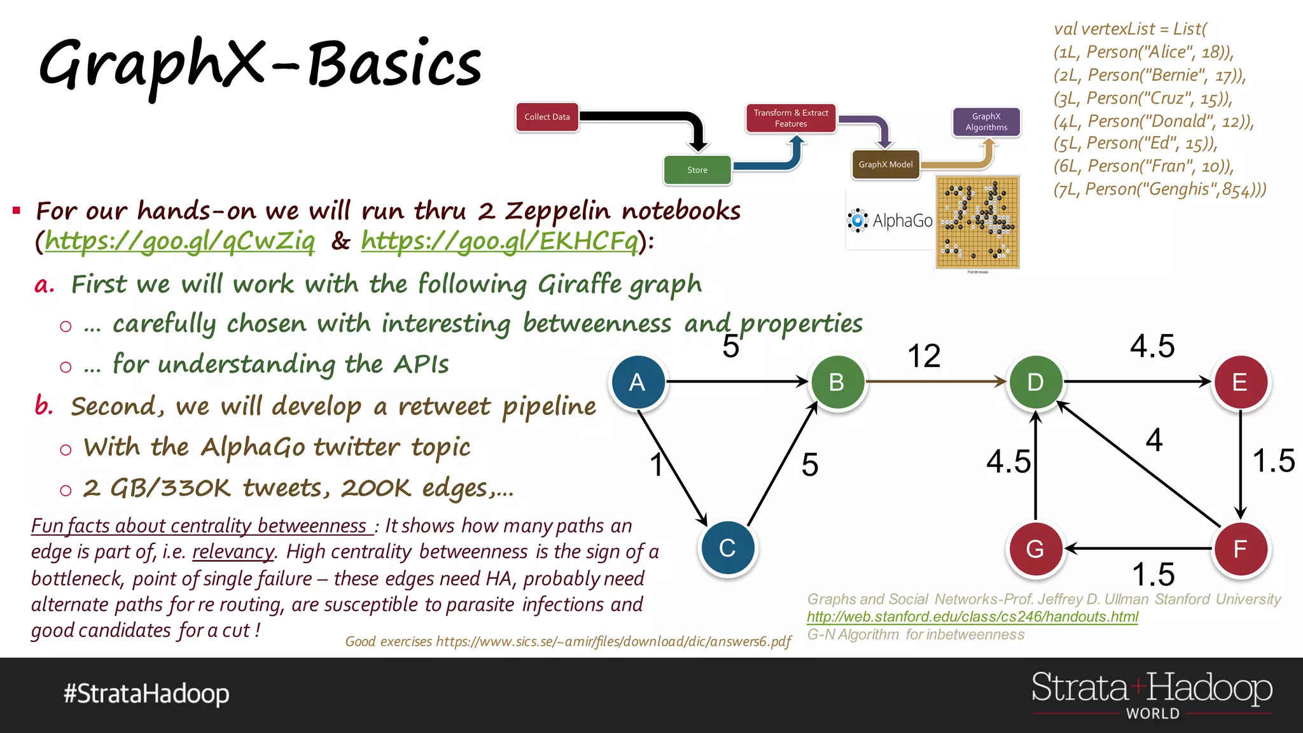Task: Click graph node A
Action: click(638, 382)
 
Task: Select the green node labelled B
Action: click(837, 382)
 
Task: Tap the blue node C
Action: click(727, 548)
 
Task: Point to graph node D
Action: click(1035, 382)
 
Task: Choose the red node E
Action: click(1240, 382)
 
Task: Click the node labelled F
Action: click(1240, 548)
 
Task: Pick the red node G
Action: click(1035, 548)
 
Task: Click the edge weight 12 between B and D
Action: click(924, 356)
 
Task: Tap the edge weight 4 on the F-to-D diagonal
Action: click(1154, 440)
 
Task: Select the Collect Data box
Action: click(547, 117)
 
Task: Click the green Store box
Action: click(697, 170)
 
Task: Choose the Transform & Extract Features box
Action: click(791, 118)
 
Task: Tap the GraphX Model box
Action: click(886, 165)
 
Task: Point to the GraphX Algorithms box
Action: click(986, 122)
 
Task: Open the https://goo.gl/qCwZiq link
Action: click(179, 241)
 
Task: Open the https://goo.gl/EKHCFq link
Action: click(499, 241)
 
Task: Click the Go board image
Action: click(977, 223)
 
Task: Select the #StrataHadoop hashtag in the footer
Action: click(146, 694)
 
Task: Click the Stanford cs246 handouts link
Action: click(972, 617)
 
